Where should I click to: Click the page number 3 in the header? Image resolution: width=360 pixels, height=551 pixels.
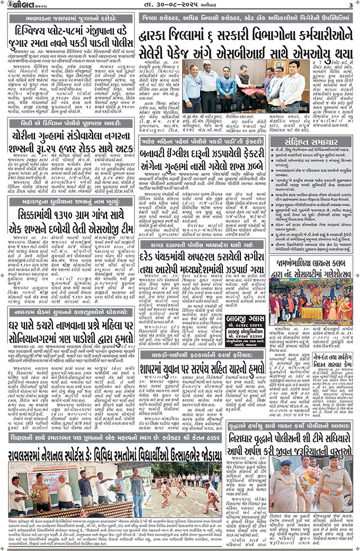pos(350,5)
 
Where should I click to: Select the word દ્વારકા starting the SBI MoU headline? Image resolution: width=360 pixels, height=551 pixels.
pos(158,37)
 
